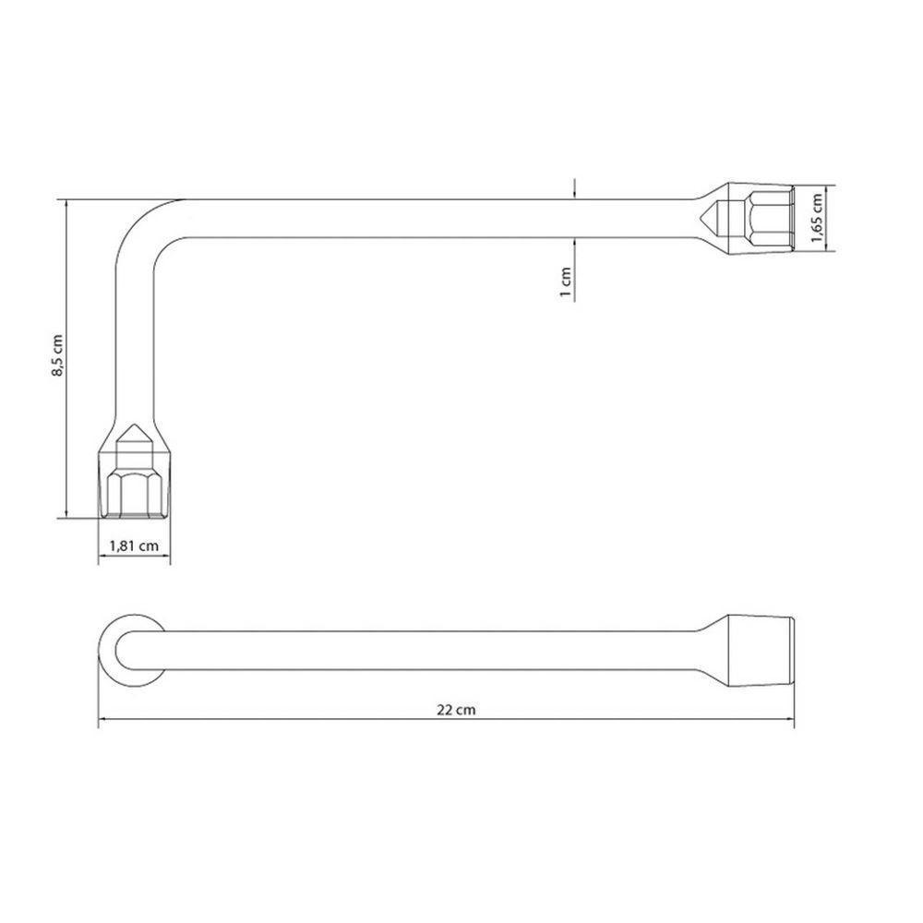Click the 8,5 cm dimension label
57,355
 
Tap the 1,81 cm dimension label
134,545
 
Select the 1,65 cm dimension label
816,218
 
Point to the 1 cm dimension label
566,282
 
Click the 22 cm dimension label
456,709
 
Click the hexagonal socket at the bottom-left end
134,485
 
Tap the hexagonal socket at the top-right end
762,219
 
